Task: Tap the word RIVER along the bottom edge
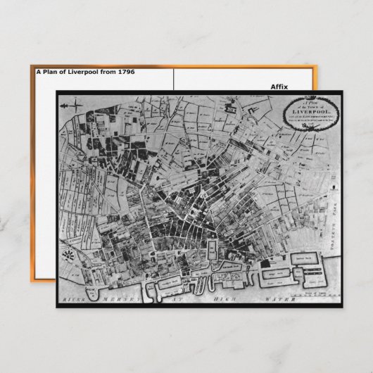[74, 299]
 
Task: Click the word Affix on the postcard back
[279, 87]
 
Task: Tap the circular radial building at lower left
[70, 254]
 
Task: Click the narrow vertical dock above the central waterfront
[210, 251]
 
